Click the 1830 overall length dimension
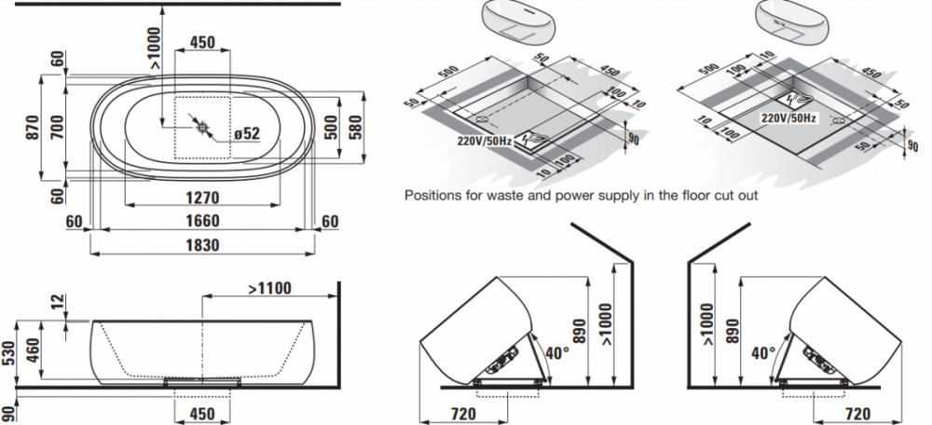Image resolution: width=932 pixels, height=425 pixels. click(x=203, y=245)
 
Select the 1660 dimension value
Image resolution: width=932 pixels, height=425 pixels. click(x=202, y=221)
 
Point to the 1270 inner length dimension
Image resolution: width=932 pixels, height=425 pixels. click(x=202, y=198)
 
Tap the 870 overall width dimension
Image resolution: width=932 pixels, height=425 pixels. click(x=33, y=127)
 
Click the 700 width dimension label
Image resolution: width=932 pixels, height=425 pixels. click(x=57, y=127)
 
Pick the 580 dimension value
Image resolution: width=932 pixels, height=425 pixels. click(x=354, y=127)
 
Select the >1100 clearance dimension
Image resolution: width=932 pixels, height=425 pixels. click(x=270, y=289)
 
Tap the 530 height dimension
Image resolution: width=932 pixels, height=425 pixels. click(x=7, y=355)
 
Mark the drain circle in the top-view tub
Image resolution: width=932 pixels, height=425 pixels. click(x=202, y=127)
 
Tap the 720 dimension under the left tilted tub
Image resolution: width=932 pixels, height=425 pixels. click(x=463, y=413)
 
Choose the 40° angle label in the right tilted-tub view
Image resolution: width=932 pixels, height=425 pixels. click(x=763, y=353)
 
